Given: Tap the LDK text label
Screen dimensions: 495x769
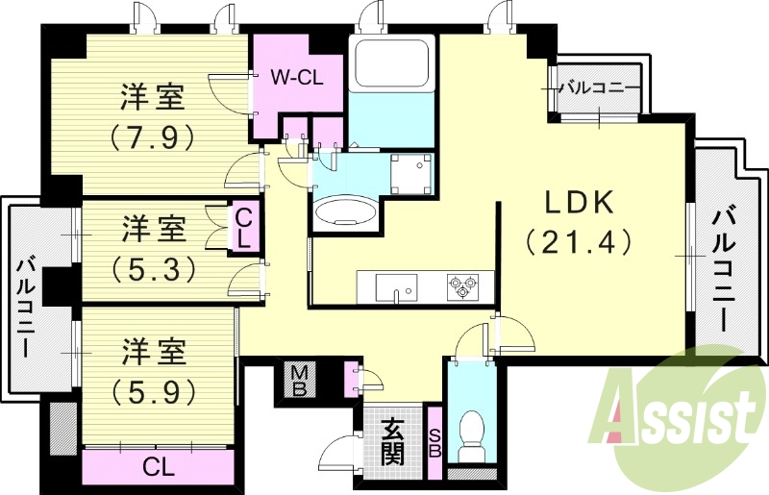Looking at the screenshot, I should pos(579,203).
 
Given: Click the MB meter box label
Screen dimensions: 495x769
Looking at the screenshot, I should pos(298,379).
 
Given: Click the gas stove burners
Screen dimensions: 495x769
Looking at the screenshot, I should pos(462,286).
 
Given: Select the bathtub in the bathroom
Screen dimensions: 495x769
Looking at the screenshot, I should pos(391,64).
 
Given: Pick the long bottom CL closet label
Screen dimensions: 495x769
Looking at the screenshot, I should pos(159,468).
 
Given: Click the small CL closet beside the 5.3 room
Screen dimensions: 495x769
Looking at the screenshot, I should pos(244,228).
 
